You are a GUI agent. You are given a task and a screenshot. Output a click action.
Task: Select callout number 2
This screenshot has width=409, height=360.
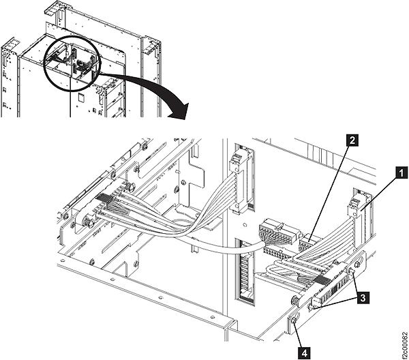(352, 141)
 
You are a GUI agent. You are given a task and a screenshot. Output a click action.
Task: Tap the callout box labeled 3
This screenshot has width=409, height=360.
(365, 299)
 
